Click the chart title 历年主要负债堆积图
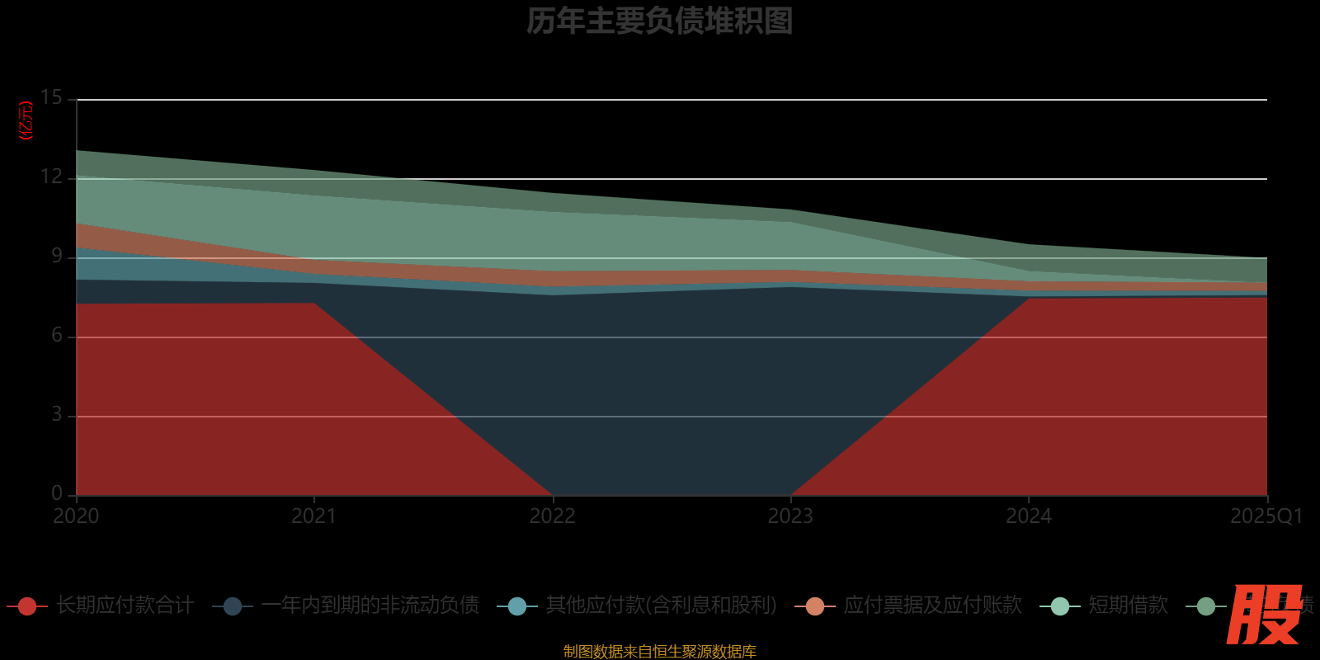pyautogui.click(x=659, y=21)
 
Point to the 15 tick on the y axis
pyautogui.click(x=51, y=98)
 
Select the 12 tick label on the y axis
pyautogui.click(x=51, y=177)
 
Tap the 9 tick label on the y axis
pyautogui.click(x=56, y=257)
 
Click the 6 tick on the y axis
pyautogui.click(x=56, y=336)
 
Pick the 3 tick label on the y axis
pyautogui.click(x=56, y=415)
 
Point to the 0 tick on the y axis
pyautogui.click(x=56, y=493)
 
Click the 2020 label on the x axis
pyautogui.click(x=76, y=516)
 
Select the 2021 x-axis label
pyautogui.click(x=313, y=516)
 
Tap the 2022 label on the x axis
pyautogui.click(x=552, y=516)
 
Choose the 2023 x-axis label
pyautogui.click(x=790, y=516)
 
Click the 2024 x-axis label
pyautogui.click(x=1028, y=516)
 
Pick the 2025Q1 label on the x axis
pyautogui.click(x=1266, y=516)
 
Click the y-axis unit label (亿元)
pyautogui.click(x=26, y=120)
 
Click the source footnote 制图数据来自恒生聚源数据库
pyautogui.click(x=659, y=652)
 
